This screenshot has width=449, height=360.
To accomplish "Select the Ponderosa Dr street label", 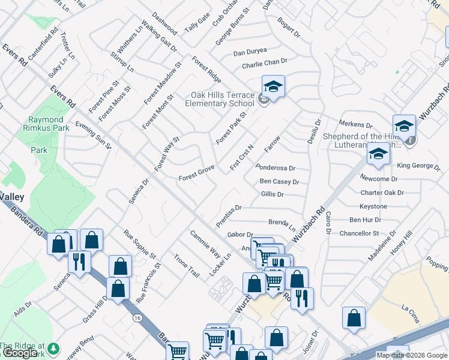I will click(276, 169).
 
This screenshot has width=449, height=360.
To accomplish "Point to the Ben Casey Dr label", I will click(279, 182).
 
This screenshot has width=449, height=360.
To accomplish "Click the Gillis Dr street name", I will click(272, 194).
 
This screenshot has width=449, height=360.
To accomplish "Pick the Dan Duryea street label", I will click(250, 52).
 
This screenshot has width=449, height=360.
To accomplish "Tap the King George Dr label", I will click(418, 165).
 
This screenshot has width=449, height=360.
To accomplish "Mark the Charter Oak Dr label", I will click(382, 193).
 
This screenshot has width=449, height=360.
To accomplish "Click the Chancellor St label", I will click(359, 233).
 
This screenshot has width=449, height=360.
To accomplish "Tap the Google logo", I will click(20, 352).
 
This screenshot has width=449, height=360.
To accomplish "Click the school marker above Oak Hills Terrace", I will click(273, 88).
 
